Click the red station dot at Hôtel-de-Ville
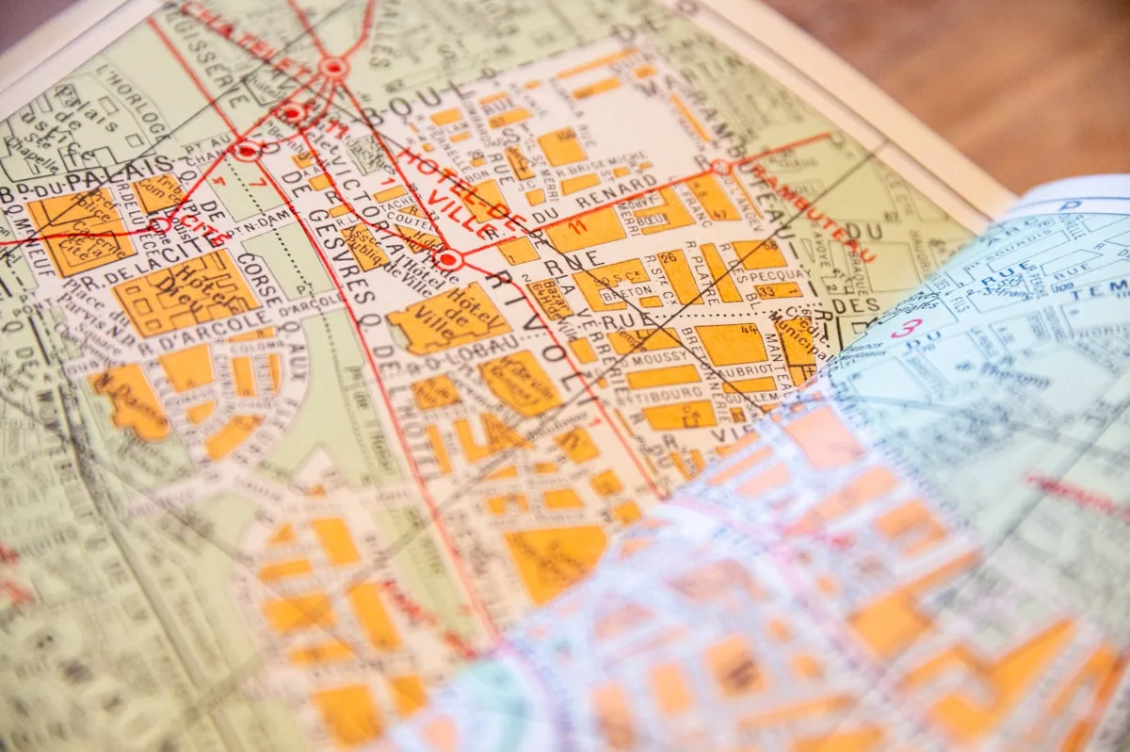pos(448,258)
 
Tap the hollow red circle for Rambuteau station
pos(720,167)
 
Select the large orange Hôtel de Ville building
pos(448,319)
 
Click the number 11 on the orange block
pos(578,226)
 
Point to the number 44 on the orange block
pos(750,330)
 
